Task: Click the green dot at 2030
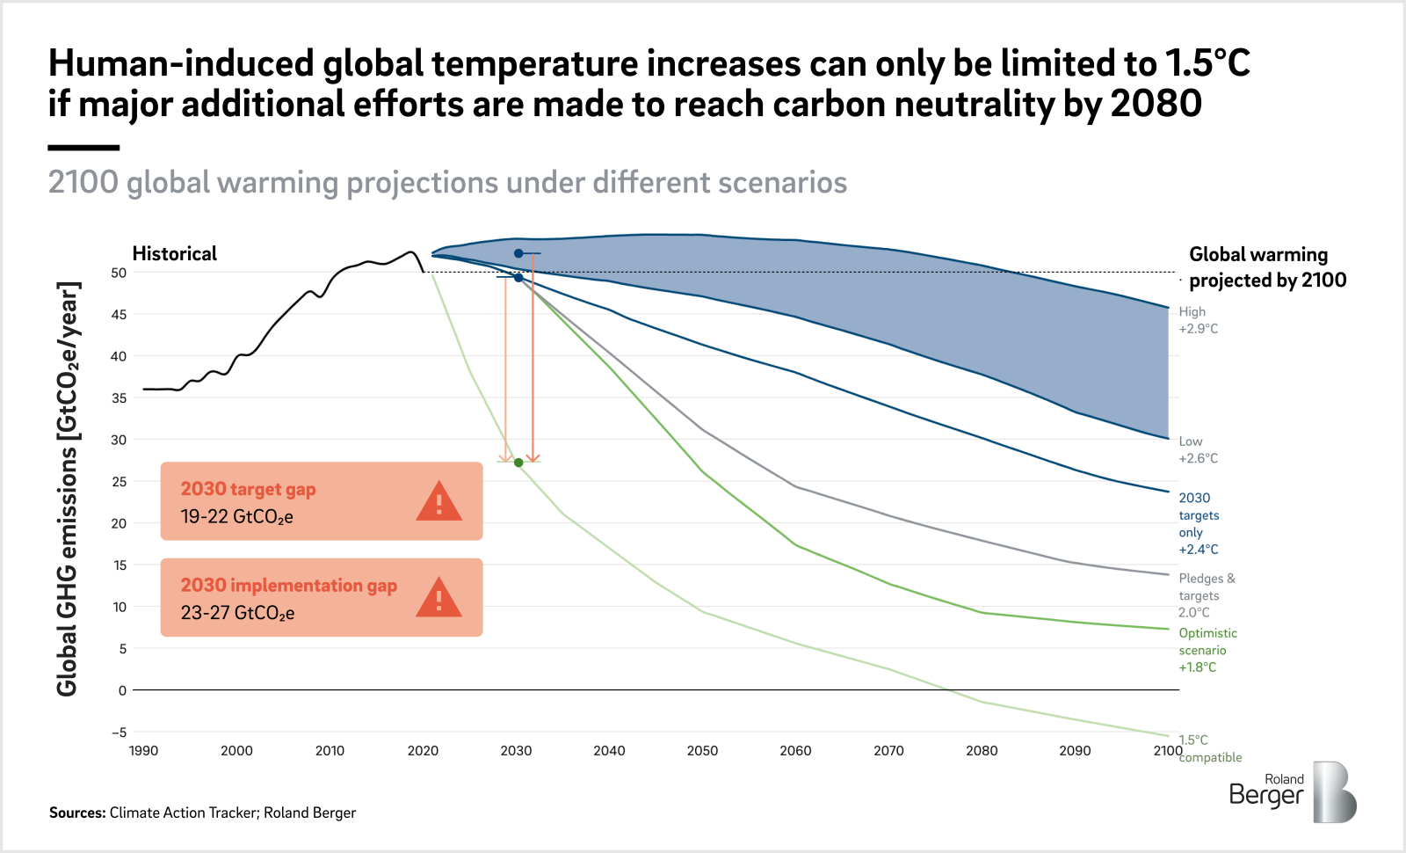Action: point(518,463)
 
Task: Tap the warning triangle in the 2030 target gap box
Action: point(438,502)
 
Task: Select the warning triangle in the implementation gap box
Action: point(438,598)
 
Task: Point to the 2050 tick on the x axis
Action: point(702,750)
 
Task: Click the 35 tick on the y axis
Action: point(119,397)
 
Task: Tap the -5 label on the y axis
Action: point(119,732)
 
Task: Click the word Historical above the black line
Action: point(174,254)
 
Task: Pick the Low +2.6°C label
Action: point(1198,449)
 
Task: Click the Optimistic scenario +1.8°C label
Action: point(1207,650)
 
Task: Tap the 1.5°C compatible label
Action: point(1209,748)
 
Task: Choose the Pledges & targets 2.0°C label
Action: point(1206,595)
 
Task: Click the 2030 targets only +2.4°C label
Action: point(1199,523)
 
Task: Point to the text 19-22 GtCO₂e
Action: point(236,517)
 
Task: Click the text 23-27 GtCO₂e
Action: point(237,613)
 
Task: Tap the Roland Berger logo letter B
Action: point(1334,792)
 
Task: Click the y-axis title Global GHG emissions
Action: point(68,489)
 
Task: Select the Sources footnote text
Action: point(202,813)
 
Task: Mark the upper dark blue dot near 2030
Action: point(518,253)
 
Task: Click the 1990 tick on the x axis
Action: point(143,750)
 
